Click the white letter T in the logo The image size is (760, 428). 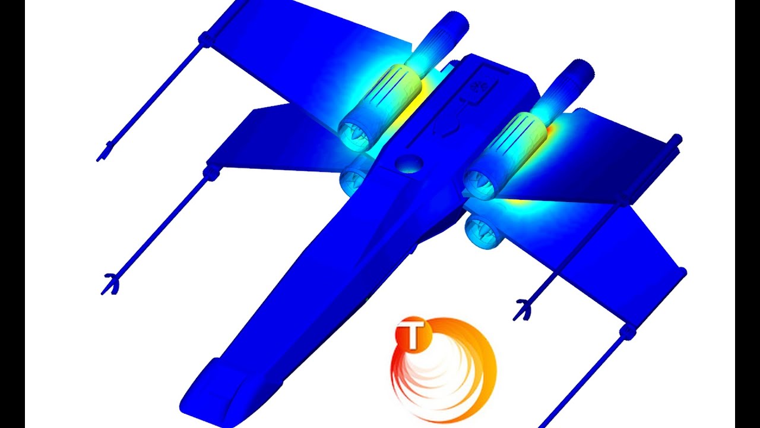(x=414, y=335)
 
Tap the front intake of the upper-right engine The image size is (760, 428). (x=481, y=184)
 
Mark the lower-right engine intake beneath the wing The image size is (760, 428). (x=483, y=232)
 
